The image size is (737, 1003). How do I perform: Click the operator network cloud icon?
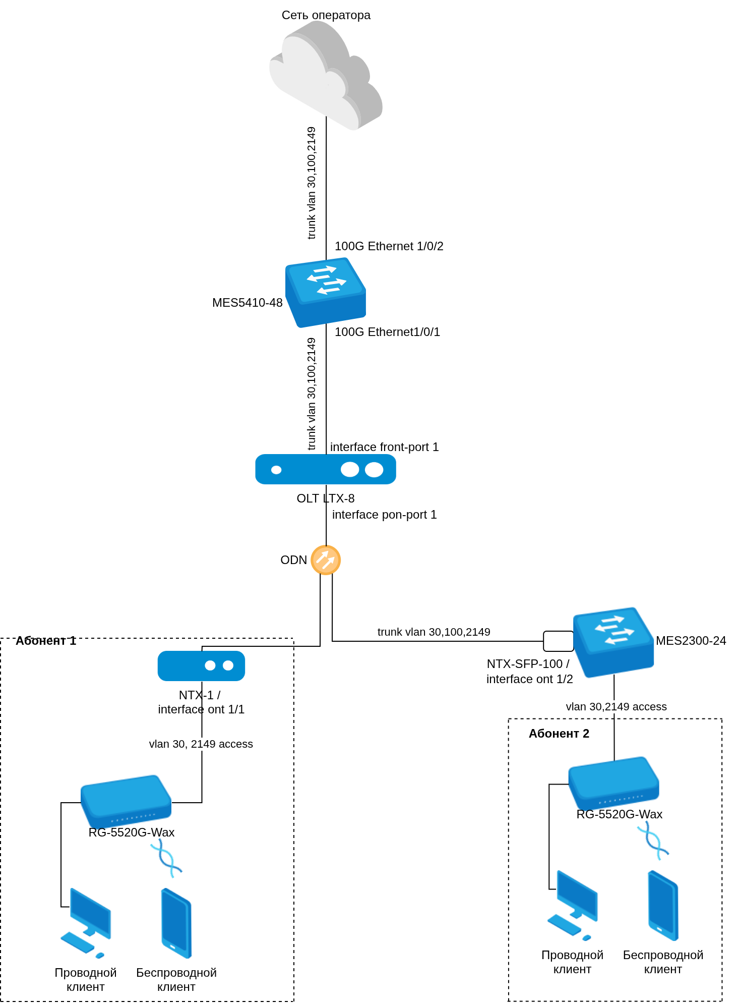point(326,76)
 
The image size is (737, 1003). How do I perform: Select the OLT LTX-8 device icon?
point(326,469)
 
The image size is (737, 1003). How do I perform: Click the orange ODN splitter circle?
point(326,560)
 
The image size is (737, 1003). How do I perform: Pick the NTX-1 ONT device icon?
point(201,666)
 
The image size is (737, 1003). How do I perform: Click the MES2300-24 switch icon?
point(613,642)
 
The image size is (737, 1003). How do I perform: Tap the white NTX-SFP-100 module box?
point(558,641)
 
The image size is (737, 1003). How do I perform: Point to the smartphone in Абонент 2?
point(663,905)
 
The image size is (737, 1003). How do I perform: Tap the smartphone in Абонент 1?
point(176,923)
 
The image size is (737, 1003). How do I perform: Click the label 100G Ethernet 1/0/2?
point(389,246)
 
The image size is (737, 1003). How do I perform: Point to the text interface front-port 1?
point(384,447)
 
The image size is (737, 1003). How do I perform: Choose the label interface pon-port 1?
point(384,515)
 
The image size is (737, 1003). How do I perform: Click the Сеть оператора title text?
point(326,15)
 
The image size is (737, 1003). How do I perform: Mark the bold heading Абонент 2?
point(559,734)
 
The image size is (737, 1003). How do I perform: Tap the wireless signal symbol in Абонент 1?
point(166,858)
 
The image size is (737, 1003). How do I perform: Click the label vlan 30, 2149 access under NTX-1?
point(201,744)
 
